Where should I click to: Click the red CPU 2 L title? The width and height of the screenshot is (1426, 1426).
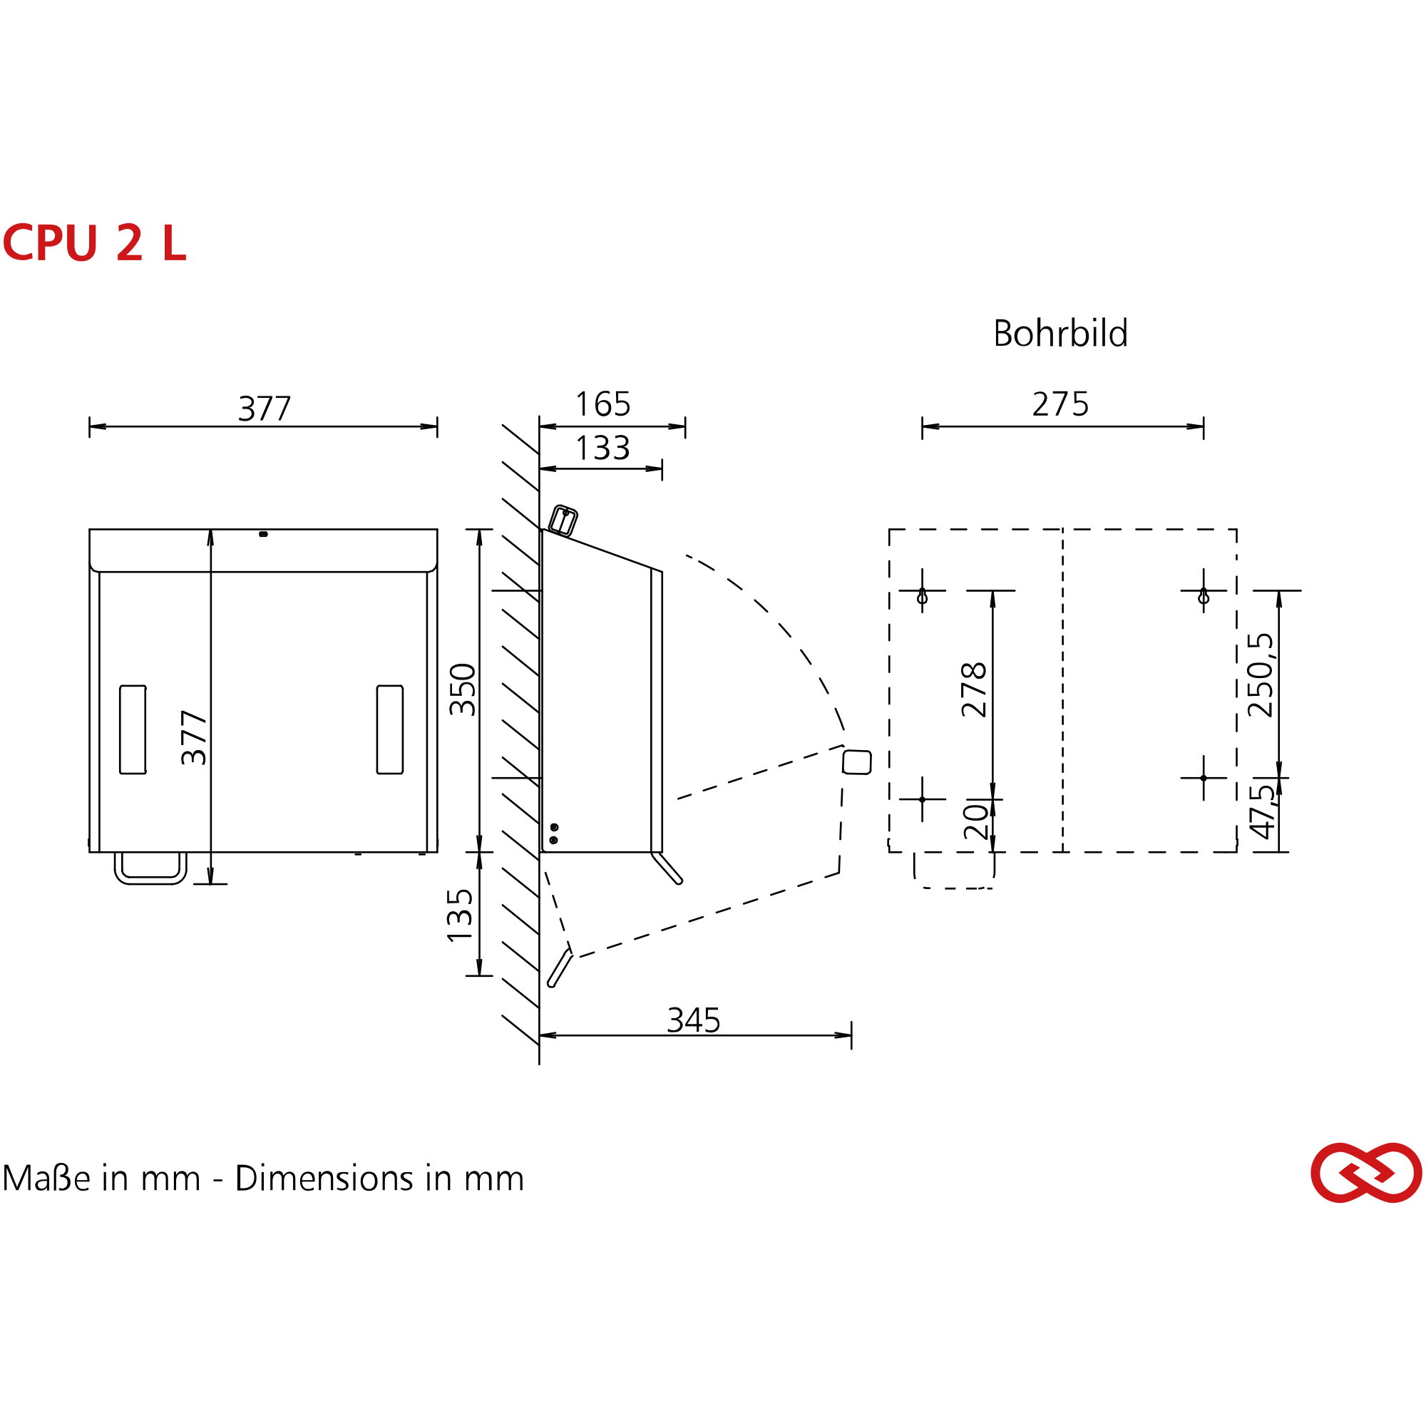pos(95,244)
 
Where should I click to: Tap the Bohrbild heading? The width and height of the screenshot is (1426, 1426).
pos(1060,334)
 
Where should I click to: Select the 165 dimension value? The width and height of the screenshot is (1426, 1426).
pos(602,404)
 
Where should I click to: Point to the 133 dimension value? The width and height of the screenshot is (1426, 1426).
pos(602,447)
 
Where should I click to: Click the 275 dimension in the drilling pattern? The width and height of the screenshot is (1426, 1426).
pos(1060,404)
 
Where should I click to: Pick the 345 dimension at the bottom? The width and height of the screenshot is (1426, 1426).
pos(693,1020)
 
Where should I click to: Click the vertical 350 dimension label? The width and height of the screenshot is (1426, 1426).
pos(463,689)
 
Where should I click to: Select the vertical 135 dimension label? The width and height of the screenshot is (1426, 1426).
pos(461,915)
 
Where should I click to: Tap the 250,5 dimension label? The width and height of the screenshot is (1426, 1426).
pos(1261,674)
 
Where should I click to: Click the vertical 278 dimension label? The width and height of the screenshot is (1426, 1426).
pos(974,689)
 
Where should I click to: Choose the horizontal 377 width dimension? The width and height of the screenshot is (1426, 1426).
pos(265,408)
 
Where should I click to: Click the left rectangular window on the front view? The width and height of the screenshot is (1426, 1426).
pos(133,729)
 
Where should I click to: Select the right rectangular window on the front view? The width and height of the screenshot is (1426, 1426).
pos(390,729)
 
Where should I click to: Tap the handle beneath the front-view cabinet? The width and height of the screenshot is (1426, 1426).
pos(150,870)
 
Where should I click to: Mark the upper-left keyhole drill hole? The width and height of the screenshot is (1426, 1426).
pos(922,595)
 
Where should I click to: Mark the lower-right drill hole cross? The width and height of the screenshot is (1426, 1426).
pos(1203,778)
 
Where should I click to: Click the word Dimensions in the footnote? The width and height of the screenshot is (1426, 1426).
pos(324,1178)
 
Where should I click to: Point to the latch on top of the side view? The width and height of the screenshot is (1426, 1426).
pos(564,520)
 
